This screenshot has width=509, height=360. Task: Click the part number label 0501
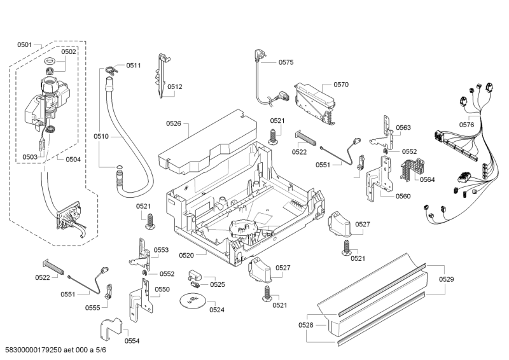click(x=25, y=45)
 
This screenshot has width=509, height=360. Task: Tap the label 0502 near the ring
click(x=69, y=52)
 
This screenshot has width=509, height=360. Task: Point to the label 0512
click(x=175, y=87)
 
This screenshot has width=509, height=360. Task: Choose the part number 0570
click(x=341, y=84)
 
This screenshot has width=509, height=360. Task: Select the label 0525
click(x=218, y=284)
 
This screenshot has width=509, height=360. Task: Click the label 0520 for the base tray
click(x=187, y=255)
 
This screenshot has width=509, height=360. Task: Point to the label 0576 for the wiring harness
click(x=466, y=125)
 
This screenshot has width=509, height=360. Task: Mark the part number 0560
click(x=402, y=196)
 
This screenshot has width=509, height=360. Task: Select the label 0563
click(x=403, y=128)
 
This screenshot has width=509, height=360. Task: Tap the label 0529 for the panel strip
click(x=447, y=279)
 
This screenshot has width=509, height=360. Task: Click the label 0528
click(x=305, y=325)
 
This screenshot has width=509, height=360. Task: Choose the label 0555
click(x=93, y=307)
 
